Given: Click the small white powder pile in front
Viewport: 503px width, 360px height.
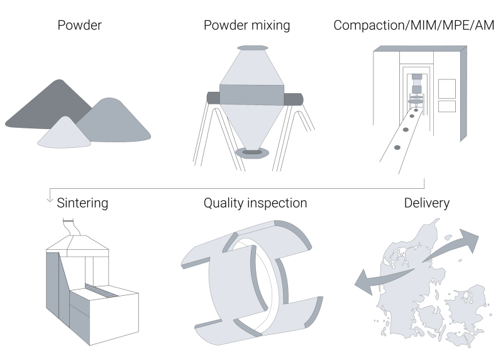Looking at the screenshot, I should [64, 133].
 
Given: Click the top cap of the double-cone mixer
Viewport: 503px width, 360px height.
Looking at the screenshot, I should [252, 48].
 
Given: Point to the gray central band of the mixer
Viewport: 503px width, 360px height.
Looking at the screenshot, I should [252, 95].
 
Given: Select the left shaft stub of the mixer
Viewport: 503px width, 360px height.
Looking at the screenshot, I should [213, 97].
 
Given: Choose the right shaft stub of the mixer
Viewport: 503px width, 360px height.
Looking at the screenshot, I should [294, 99].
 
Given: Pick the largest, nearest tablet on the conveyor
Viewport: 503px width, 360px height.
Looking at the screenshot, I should [397, 148].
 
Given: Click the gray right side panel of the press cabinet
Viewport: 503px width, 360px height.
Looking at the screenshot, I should [463, 94].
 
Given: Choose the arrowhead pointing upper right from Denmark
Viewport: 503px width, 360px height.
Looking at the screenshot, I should [470, 240].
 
